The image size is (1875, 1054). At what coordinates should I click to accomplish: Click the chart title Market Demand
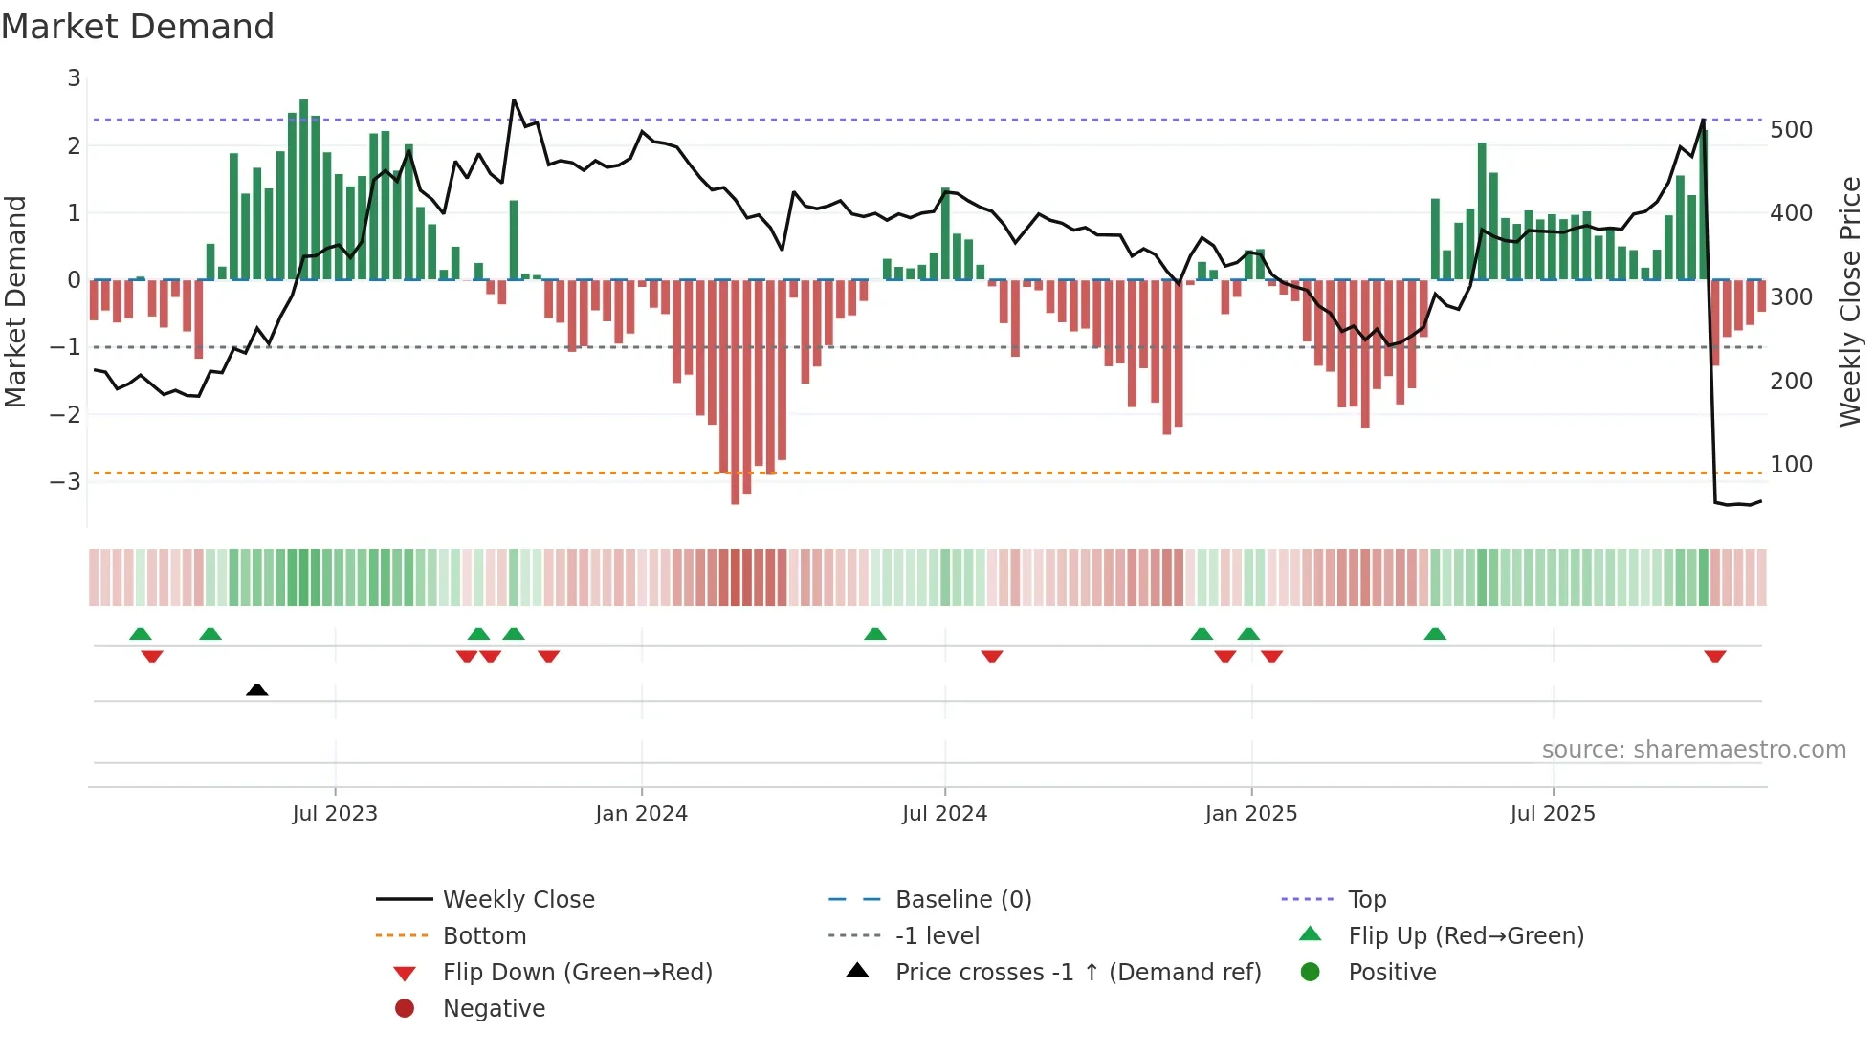point(138,27)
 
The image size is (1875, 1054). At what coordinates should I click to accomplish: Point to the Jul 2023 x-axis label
point(335,814)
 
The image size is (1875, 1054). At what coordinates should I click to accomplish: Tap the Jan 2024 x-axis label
point(641,814)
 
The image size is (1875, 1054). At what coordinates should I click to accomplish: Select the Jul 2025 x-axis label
point(1553,814)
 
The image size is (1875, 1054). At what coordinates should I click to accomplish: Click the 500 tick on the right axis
point(1791,130)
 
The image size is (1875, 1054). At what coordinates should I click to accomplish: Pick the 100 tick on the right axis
point(1791,465)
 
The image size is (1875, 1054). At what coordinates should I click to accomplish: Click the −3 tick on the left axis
point(66,481)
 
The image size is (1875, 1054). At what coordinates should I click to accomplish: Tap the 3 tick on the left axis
point(74,78)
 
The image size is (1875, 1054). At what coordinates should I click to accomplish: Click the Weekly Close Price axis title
point(1850,301)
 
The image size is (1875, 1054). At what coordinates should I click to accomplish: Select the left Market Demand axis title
point(16,301)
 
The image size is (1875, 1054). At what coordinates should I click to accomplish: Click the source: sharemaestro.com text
point(1693,750)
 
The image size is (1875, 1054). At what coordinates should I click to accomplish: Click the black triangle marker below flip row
point(256,690)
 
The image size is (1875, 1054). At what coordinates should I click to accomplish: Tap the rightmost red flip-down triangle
point(1714,656)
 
